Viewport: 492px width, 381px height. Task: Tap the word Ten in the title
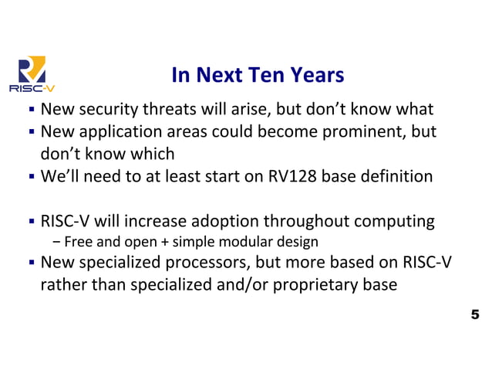(259, 75)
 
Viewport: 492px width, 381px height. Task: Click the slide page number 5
(474, 315)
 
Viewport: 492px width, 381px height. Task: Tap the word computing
(396, 222)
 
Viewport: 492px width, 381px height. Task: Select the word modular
(247, 243)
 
